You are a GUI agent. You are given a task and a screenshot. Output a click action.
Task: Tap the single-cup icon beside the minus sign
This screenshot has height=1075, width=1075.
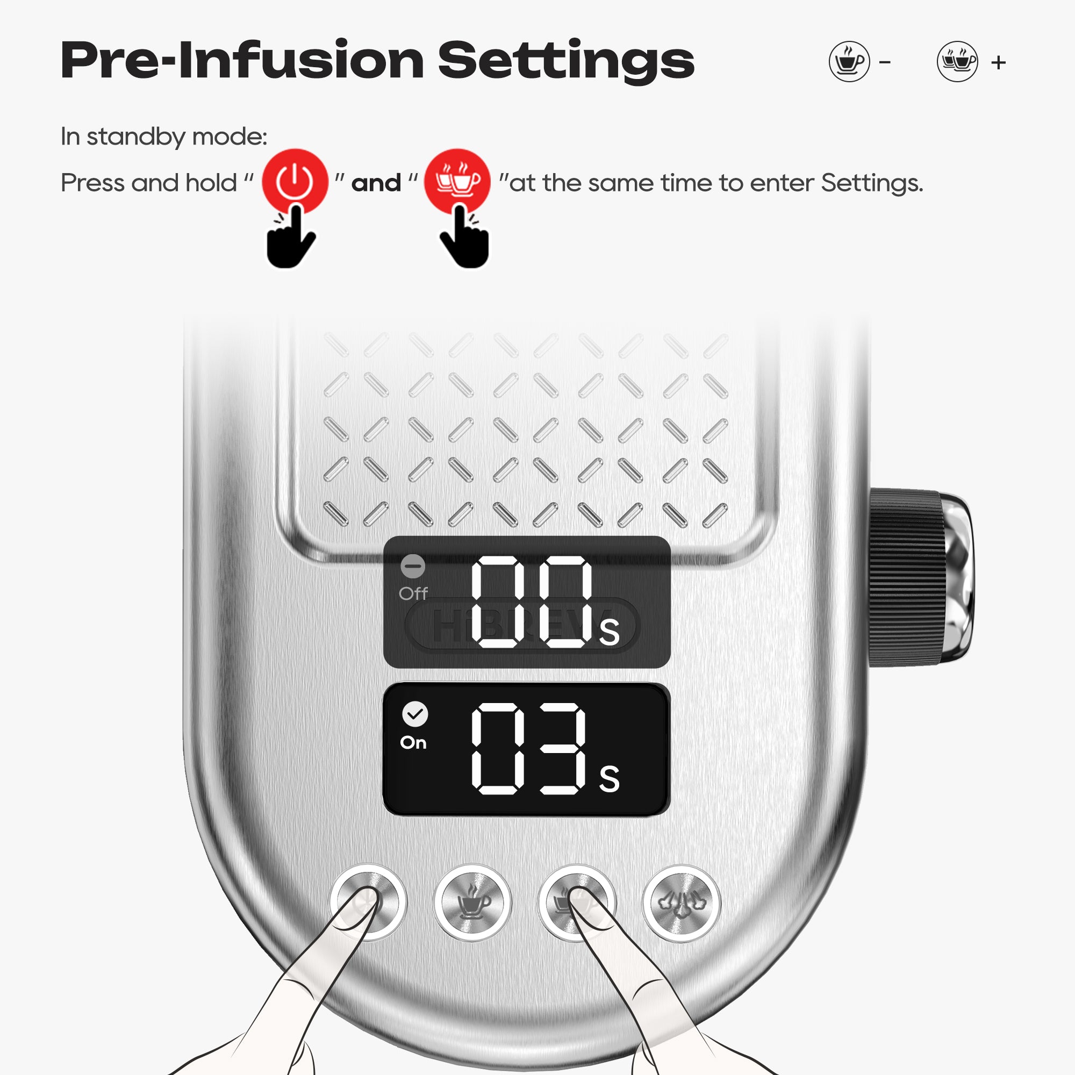[x=849, y=62]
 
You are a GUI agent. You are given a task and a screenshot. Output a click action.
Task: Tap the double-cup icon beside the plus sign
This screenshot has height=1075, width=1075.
[x=958, y=62]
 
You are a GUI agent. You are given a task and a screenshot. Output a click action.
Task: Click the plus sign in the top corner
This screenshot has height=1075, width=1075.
[x=999, y=62]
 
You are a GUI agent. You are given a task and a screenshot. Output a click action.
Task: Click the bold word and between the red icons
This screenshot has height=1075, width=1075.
[x=376, y=183]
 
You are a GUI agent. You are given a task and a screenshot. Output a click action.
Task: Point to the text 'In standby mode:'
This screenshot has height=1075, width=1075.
[x=164, y=137]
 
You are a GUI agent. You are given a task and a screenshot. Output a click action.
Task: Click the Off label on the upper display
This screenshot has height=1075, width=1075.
[x=413, y=594]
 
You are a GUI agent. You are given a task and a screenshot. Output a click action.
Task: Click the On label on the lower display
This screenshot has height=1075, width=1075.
[x=413, y=743]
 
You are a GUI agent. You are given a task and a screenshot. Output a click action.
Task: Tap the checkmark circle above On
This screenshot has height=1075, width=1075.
[x=415, y=714]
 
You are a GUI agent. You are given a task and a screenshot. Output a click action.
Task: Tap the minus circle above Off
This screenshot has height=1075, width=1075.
[x=413, y=567]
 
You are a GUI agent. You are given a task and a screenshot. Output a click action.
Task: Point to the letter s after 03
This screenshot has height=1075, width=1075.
[x=610, y=779]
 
